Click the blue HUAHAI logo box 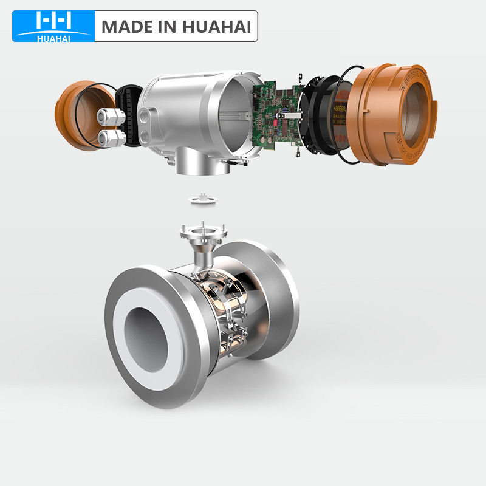(x=53, y=26)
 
